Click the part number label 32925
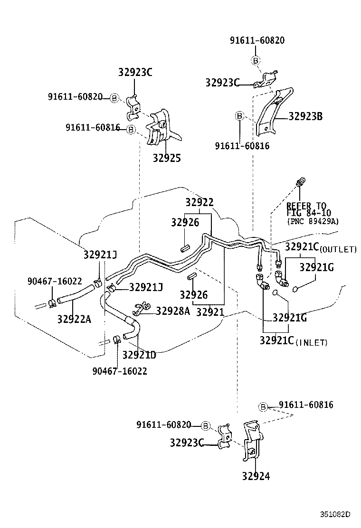(166, 158)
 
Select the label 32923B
(305, 116)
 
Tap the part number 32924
(256, 476)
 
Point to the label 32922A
(74, 319)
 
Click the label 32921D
(139, 355)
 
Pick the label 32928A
(173, 311)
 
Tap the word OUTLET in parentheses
(338, 249)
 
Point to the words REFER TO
(306, 206)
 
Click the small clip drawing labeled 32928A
(141, 309)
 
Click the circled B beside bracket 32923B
(240, 116)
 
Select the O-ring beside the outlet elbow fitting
(295, 288)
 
